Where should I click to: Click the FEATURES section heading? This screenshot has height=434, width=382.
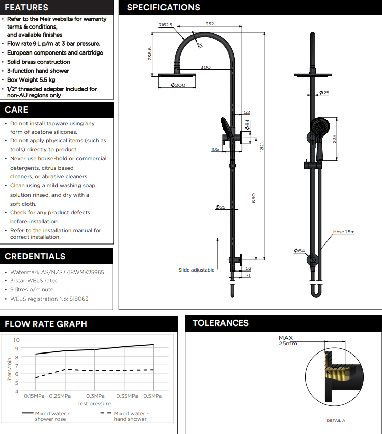pyautogui.click(x=26, y=7)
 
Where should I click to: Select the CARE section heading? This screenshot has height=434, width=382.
pyautogui.click(x=16, y=110)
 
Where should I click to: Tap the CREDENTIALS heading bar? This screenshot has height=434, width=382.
pyautogui.click(x=35, y=256)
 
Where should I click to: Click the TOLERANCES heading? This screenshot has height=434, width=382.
pyautogui.click(x=221, y=323)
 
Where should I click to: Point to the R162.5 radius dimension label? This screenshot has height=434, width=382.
pyautogui.click(x=166, y=24)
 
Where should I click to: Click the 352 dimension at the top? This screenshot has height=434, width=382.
pyautogui.click(x=210, y=23)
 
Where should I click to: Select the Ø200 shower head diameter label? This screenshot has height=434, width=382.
pyautogui.click(x=178, y=85)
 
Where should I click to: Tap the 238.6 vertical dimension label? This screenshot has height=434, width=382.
pyautogui.click(x=150, y=54)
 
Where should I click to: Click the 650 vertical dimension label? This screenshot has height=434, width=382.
pyautogui.click(x=253, y=198)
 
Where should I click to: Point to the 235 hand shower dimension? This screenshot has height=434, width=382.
pyautogui.click(x=334, y=139)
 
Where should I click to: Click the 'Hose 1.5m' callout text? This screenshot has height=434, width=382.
pyautogui.click(x=344, y=232)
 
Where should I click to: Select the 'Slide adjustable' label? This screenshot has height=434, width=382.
pyautogui.click(x=196, y=270)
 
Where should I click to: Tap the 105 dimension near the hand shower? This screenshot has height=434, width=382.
pyautogui.click(x=215, y=149)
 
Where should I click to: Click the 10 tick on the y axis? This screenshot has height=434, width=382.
pyautogui.click(x=16, y=340)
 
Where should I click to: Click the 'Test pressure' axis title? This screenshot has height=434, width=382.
pyautogui.click(x=94, y=404)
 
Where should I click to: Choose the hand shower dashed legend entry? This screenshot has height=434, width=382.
pyautogui.click(x=130, y=416)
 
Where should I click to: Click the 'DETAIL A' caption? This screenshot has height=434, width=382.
pyautogui.click(x=336, y=421)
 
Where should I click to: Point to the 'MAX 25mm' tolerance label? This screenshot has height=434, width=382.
pyautogui.click(x=288, y=340)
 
